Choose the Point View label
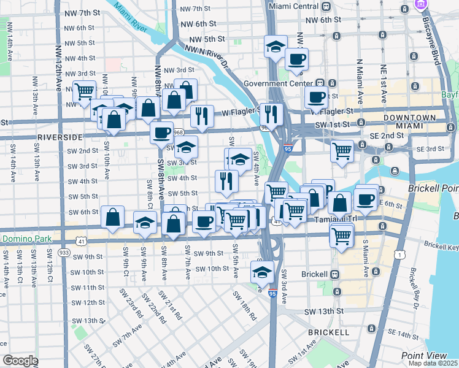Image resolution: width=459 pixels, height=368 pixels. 424,356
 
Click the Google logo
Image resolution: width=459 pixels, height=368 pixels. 21,361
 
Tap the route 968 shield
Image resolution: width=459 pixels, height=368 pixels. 179,132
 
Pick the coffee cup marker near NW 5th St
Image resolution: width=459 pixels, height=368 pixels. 296,59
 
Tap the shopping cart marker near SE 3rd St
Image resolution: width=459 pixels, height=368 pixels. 342,150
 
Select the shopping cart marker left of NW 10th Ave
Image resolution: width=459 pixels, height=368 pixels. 84,91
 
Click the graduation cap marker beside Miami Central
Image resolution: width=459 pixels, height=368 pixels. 276,46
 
